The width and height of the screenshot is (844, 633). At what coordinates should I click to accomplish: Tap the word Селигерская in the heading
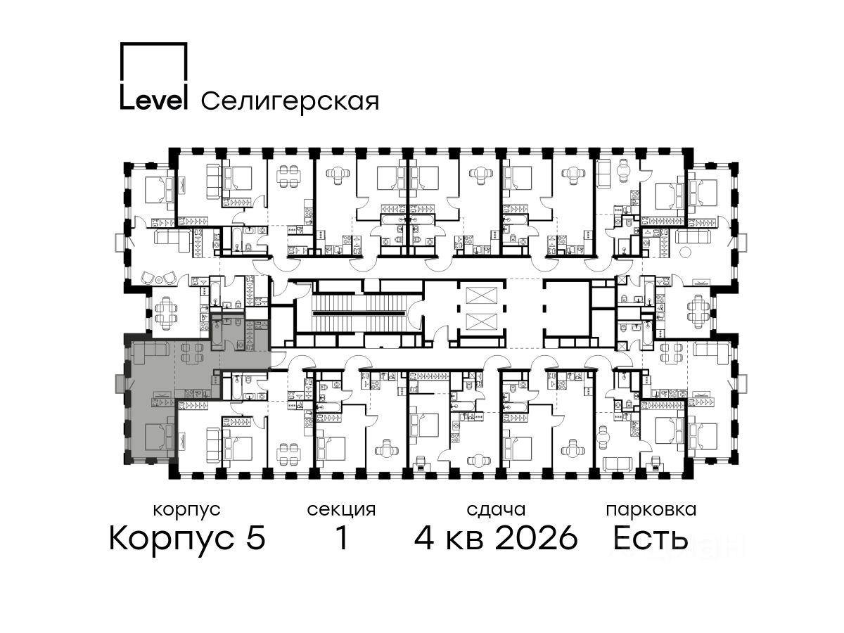290,101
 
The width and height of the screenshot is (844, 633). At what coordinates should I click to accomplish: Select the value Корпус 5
187,538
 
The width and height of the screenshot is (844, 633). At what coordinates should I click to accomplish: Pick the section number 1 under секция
341,537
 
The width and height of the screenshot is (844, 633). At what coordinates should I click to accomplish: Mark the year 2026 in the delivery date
537,537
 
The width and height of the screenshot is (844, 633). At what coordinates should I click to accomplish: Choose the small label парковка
651,510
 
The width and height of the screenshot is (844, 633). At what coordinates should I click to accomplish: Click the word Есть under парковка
650,537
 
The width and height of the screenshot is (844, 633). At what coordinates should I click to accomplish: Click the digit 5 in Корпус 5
256,537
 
